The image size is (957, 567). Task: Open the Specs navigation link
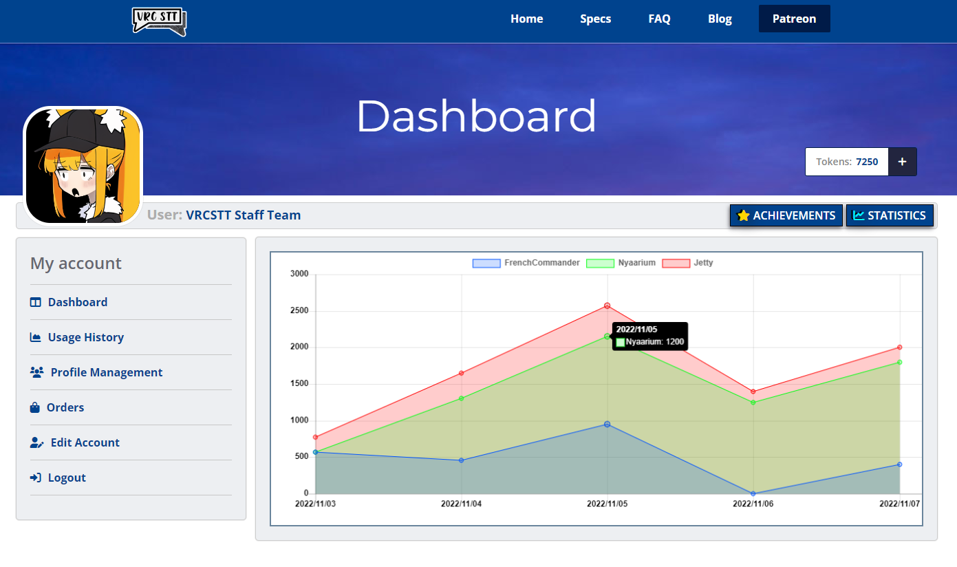point(595,19)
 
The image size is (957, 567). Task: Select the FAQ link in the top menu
point(659,19)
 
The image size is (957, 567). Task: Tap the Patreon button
point(794,19)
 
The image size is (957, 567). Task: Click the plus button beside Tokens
point(902,162)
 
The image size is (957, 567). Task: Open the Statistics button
point(890,215)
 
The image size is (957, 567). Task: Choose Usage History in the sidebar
point(85,337)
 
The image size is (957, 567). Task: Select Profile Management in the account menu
point(106,372)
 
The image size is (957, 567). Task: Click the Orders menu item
point(65,407)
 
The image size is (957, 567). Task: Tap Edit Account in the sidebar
point(85,442)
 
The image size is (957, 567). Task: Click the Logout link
point(66,478)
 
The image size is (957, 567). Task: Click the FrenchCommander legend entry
point(526,263)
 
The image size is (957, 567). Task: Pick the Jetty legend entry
point(687,263)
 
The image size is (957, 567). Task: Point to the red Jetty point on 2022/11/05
point(607,306)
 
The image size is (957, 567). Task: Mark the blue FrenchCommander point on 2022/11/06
point(753,493)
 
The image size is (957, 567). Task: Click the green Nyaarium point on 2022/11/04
point(462,398)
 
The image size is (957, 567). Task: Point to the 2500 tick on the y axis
point(299,311)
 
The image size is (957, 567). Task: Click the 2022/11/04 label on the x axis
point(462,504)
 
